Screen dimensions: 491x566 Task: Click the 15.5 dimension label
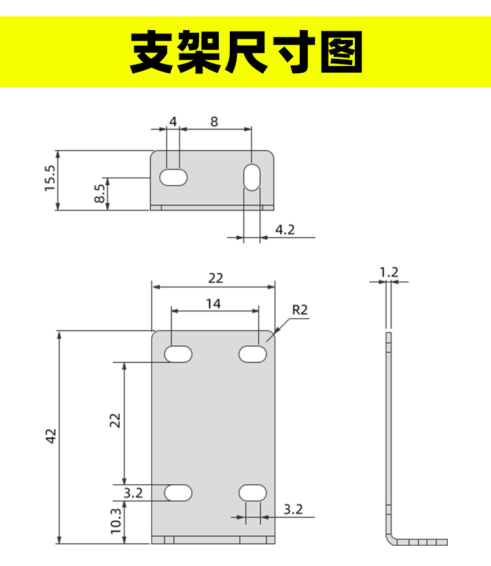click(x=50, y=179)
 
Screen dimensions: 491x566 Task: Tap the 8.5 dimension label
click(x=100, y=194)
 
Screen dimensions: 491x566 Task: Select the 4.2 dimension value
click(x=285, y=230)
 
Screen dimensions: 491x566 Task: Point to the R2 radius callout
click(x=300, y=310)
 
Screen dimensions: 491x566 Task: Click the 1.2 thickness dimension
click(x=389, y=272)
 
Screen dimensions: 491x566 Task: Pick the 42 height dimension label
click(x=51, y=436)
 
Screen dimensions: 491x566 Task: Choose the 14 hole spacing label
click(x=213, y=304)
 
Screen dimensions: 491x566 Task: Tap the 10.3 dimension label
click(x=116, y=521)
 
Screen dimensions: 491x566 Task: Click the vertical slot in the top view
click(x=252, y=177)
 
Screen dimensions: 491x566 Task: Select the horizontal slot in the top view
click(x=173, y=177)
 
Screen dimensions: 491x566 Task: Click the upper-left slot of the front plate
click(x=178, y=354)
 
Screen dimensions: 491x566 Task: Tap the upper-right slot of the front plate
click(x=253, y=354)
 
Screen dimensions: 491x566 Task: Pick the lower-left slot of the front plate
click(x=178, y=493)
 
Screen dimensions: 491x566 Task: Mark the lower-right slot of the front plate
click(x=253, y=493)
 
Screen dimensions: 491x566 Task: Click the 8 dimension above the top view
click(x=214, y=122)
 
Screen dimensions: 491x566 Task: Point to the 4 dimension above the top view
click(x=173, y=122)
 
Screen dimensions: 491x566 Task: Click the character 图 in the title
click(x=342, y=52)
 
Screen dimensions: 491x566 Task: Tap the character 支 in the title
click(x=151, y=52)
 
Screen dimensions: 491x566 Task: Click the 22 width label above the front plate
click(x=215, y=278)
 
